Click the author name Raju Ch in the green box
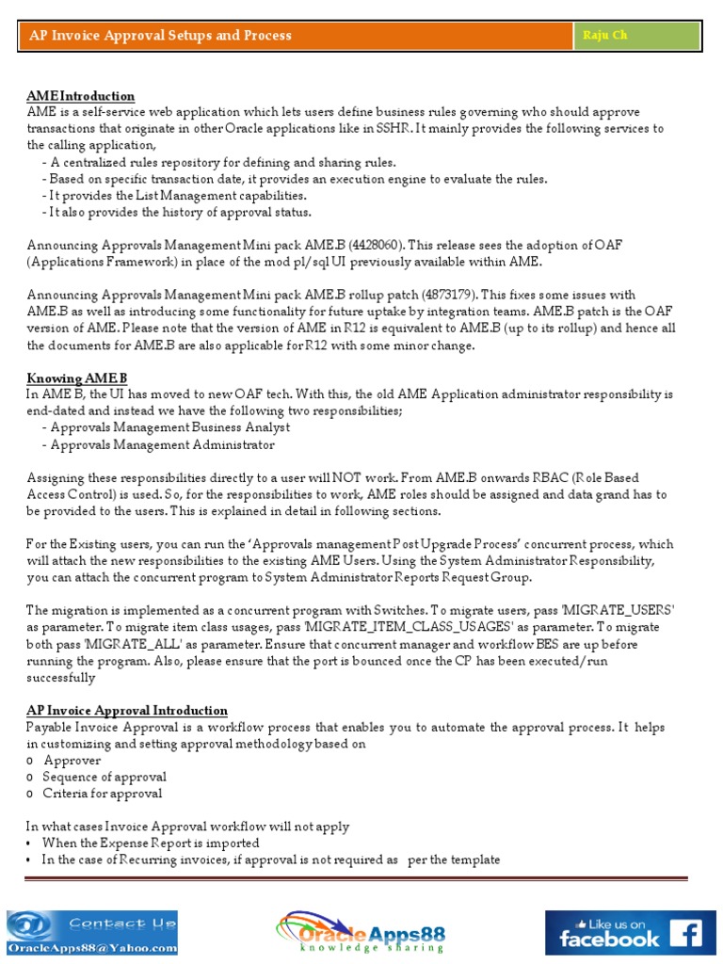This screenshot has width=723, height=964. (604, 36)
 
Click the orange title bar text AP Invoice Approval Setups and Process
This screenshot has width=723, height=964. (160, 36)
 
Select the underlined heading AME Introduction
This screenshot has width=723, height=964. (81, 96)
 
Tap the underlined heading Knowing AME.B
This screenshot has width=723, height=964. (76, 378)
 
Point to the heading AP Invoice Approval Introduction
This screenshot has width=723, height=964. (127, 710)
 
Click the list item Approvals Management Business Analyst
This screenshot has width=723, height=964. (169, 427)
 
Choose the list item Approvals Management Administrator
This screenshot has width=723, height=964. (162, 444)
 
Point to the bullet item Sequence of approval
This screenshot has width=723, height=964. (104, 777)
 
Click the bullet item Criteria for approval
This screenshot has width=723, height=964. (103, 794)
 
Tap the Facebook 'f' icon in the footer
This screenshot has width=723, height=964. (685, 933)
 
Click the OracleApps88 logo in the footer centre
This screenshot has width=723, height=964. (361, 932)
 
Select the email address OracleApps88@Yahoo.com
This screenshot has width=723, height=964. (91, 946)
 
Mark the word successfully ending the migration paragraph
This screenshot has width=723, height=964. (61, 678)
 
